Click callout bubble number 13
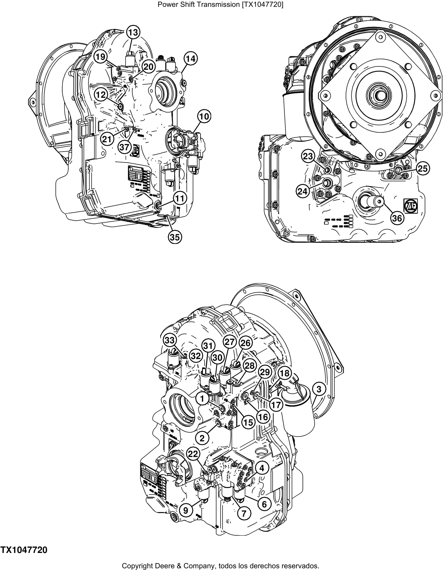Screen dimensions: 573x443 (x=133, y=32)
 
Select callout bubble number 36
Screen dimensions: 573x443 (x=397, y=218)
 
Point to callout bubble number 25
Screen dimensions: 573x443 (x=422, y=169)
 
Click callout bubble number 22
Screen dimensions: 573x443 (x=193, y=454)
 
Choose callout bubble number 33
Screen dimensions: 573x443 (x=170, y=341)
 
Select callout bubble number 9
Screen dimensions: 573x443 (x=186, y=510)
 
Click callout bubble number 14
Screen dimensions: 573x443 (x=191, y=59)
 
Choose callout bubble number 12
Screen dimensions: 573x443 (x=101, y=95)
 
